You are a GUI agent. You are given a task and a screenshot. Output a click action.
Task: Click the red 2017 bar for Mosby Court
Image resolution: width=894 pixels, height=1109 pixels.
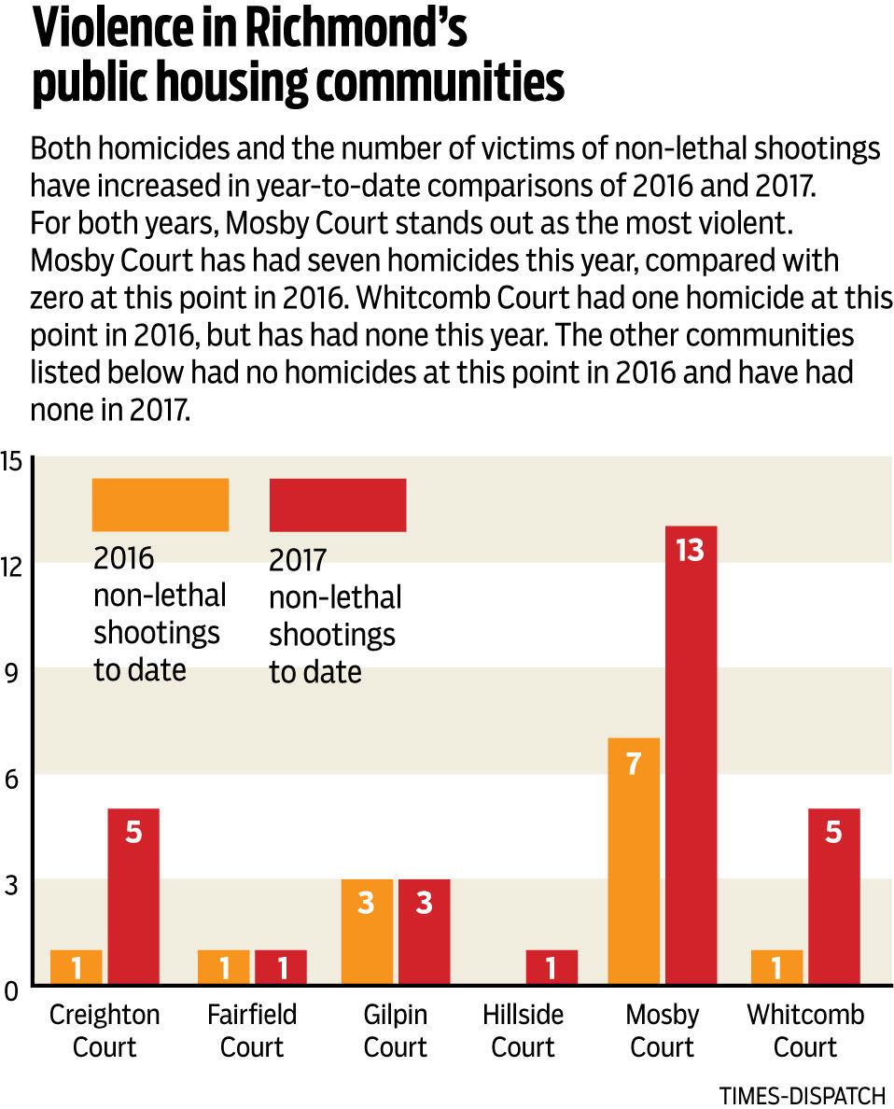pos(691,754)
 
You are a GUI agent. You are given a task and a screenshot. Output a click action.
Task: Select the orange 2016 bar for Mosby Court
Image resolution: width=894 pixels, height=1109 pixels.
pos(634,861)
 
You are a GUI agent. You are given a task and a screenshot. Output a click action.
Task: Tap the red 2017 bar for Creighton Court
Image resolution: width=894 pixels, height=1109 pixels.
pos(133,896)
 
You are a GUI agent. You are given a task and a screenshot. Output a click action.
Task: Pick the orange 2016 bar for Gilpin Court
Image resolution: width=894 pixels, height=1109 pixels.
pos(367,932)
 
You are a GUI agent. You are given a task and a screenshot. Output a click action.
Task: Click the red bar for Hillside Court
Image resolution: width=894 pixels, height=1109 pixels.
pos(552,967)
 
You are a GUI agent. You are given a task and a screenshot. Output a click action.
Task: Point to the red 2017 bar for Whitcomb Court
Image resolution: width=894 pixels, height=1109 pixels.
pos(834,896)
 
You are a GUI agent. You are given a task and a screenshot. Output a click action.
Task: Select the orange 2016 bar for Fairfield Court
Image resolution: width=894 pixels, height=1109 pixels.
pos(224,967)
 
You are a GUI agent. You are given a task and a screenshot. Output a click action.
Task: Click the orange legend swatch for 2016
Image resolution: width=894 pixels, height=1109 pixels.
pos(161,505)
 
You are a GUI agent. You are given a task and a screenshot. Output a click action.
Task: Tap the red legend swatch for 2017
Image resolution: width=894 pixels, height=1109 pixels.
pos(338,505)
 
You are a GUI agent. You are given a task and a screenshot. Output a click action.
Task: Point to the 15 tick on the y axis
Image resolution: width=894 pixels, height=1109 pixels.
pos(11,461)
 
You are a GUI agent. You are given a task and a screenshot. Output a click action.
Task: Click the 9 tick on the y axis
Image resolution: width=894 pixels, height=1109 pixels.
pos(11,673)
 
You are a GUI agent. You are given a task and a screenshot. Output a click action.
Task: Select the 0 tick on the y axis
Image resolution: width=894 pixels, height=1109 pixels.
pos(10,990)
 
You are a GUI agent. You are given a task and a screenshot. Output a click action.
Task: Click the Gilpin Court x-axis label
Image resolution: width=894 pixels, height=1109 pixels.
pos(396,1031)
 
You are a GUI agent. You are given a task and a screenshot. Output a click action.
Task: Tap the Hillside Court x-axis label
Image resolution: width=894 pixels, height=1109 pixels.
pos(524,1031)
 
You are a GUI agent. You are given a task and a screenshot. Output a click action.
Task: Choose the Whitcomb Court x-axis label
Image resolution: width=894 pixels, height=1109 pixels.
pos(805,1031)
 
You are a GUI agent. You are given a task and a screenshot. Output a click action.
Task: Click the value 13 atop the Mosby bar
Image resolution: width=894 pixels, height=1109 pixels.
pos(691,550)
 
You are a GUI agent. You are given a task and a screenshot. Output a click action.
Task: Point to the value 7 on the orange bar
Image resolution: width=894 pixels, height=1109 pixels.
pos(634,764)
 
